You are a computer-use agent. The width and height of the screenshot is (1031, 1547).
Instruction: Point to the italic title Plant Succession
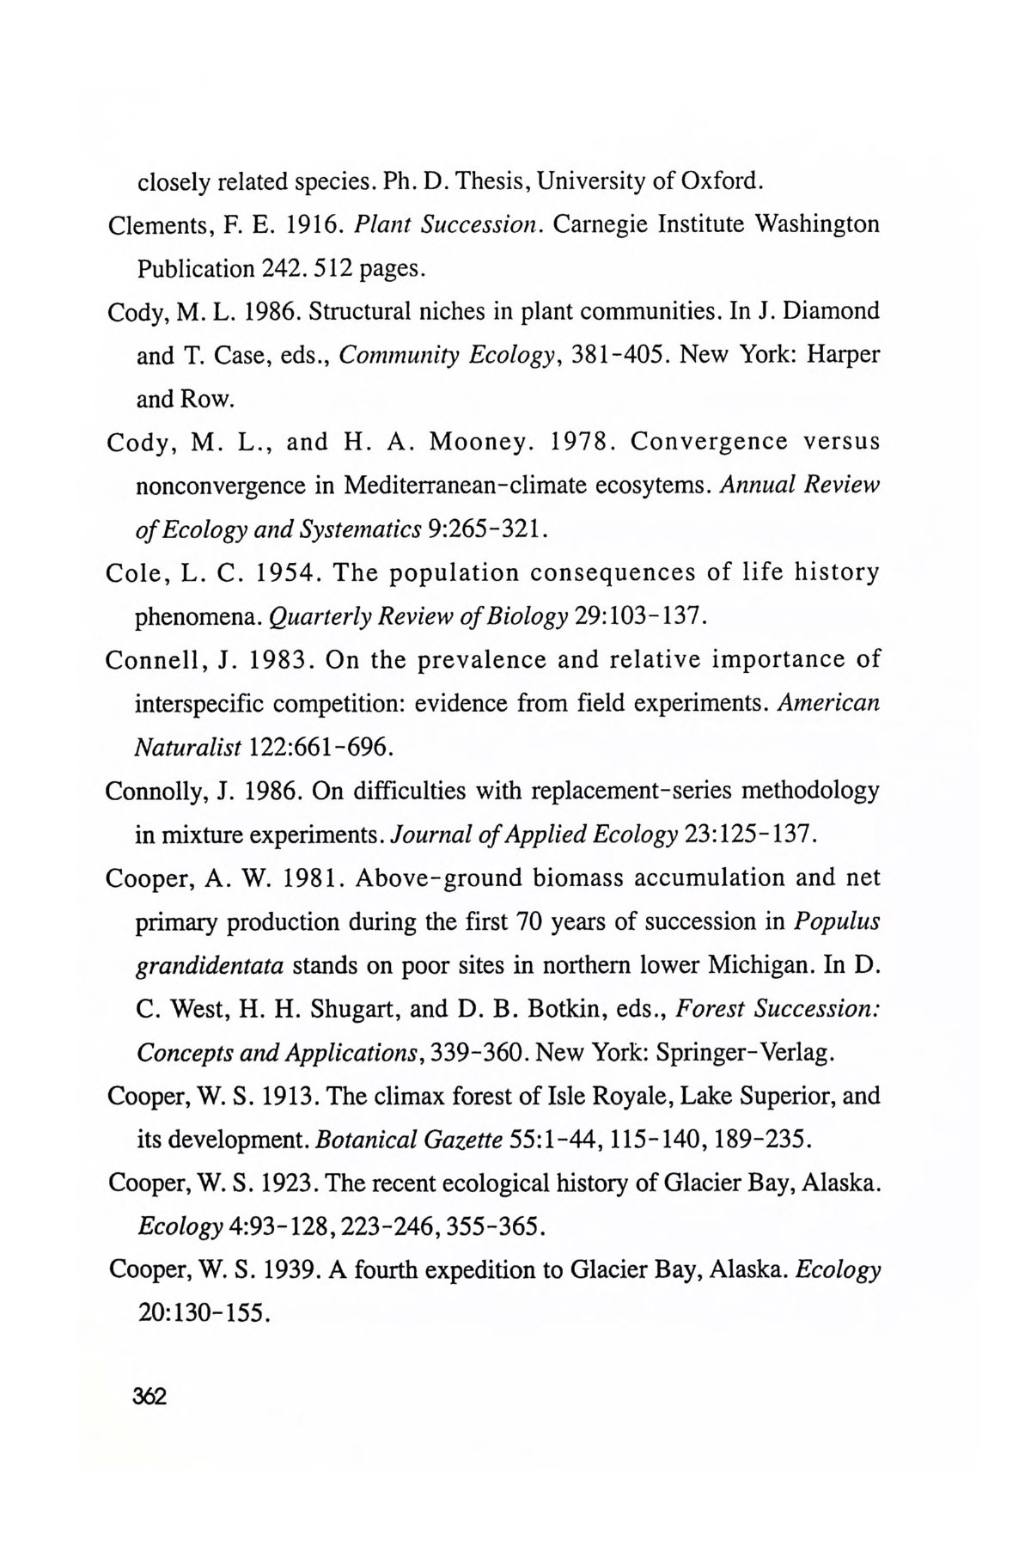448,224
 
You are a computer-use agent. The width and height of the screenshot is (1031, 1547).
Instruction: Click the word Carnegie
600,224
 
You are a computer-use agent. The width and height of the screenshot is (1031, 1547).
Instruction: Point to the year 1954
287,573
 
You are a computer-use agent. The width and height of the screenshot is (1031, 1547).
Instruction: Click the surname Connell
156,660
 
